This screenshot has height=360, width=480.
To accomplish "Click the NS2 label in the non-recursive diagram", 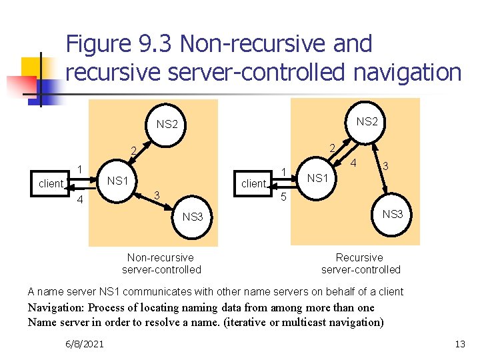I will pos(167,124).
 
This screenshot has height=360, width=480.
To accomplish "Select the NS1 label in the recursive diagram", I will pos(317,177).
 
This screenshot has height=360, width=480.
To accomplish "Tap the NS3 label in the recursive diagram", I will pos(392,214).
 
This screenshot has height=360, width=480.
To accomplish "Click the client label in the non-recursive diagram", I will pos(51,183).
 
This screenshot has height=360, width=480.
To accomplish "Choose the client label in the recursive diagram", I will pos(253,183).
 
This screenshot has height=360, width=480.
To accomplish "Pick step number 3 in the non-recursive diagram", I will pos(156,195).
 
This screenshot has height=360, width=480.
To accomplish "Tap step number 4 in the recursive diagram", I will pos(355,163).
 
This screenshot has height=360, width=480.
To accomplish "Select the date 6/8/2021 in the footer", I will pos(85,343).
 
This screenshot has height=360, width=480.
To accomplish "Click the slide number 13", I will pos(459,343).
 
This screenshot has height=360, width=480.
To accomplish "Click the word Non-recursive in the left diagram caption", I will pos(161,257).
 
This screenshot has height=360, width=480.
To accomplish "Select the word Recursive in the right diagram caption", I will pos(359,257).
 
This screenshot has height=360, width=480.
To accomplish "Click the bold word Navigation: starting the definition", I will pos(56,307).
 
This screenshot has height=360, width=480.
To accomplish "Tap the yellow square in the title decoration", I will pos(31,67).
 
